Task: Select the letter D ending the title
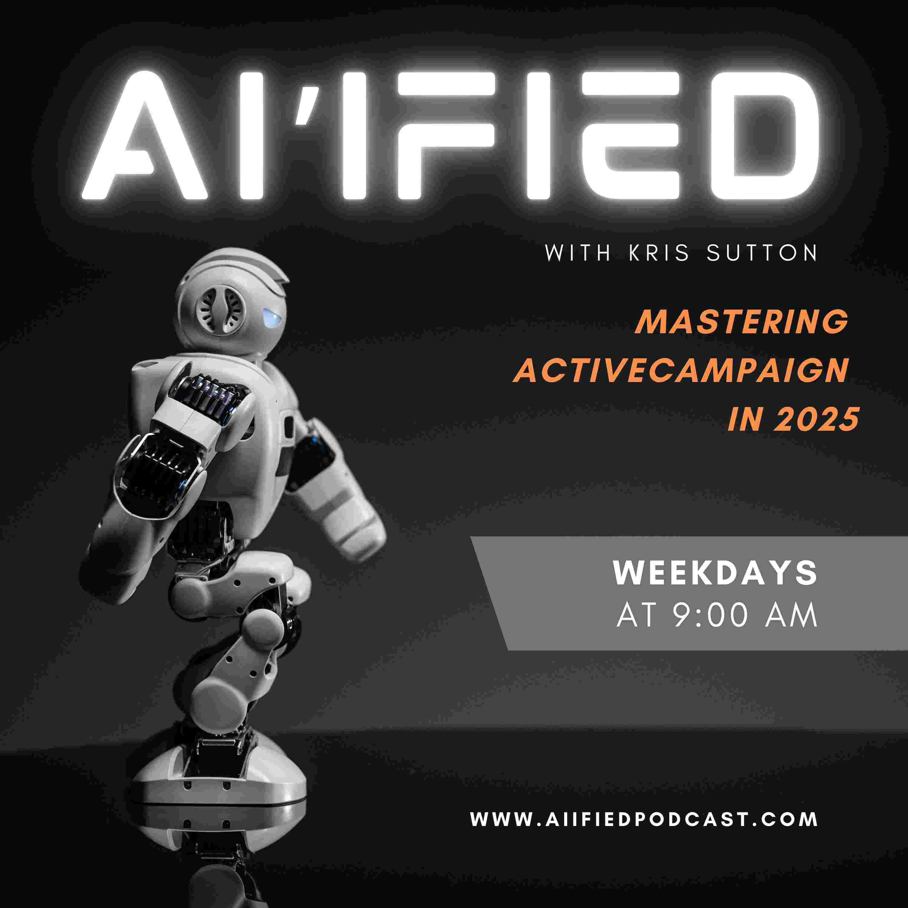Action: (764, 136)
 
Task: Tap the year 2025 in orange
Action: (816, 419)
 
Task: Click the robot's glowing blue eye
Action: (273, 318)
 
